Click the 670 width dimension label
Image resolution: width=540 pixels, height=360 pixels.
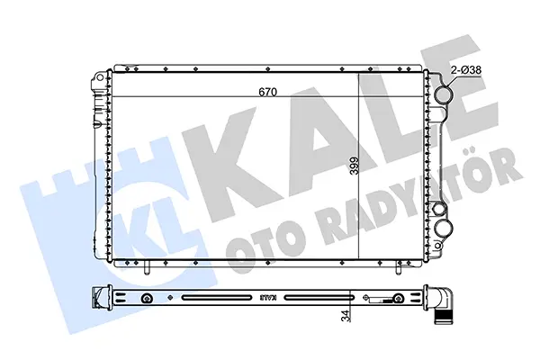coord(267,92)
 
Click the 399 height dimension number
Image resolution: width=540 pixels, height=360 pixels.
coord(354,166)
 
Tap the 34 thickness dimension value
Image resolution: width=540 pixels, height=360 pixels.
coord(346,315)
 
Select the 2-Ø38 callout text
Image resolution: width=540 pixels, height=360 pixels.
coord(465,70)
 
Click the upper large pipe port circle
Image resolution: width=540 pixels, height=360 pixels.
coord(443,94)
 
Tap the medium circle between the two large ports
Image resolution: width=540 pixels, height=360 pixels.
coord(439,209)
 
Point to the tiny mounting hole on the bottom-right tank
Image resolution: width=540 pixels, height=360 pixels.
coord(438,246)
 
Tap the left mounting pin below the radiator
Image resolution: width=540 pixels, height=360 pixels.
coord(147,268)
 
